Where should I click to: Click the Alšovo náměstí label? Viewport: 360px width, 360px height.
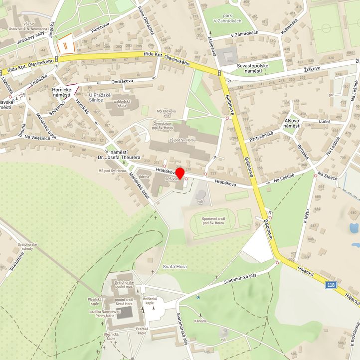tap(292, 123)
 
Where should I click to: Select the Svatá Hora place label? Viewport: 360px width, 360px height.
tap(175, 267)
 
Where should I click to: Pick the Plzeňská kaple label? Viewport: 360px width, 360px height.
tap(95, 301)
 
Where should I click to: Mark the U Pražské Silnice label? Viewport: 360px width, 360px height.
tap(103, 97)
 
